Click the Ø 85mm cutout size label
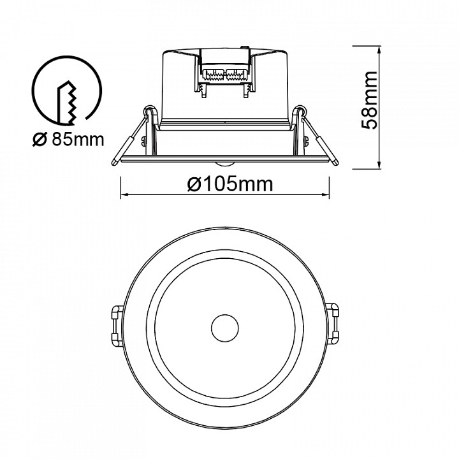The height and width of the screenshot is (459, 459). coord(68,140)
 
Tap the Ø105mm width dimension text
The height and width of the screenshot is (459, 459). coord(230,184)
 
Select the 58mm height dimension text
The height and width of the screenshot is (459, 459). coord(368,100)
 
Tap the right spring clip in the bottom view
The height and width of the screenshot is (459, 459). coord(333,326)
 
